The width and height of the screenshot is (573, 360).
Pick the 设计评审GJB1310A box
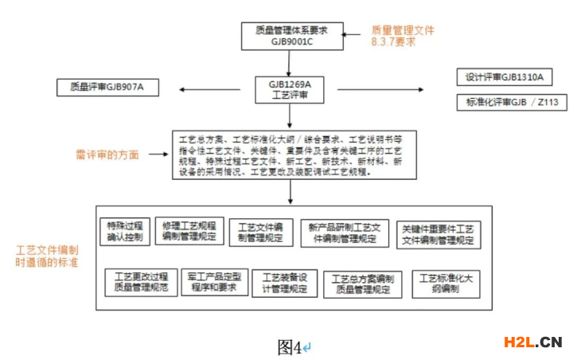click(x=505, y=77)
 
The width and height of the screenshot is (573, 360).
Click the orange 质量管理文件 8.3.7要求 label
click(x=403, y=36)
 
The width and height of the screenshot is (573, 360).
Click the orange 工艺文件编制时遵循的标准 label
click(x=46, y=256)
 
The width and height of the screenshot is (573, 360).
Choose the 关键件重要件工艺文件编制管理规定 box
click(x=439, y=233)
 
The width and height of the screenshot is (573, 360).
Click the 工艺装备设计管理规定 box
click(x=284, y=283)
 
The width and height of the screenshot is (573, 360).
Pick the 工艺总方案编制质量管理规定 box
click(x=361, y=284)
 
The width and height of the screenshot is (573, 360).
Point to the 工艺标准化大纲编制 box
click(x=446, y=284)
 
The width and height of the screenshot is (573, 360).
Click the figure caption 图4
click(x=290, y=346)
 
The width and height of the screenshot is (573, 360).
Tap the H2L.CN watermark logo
click(x=532, y=342)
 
